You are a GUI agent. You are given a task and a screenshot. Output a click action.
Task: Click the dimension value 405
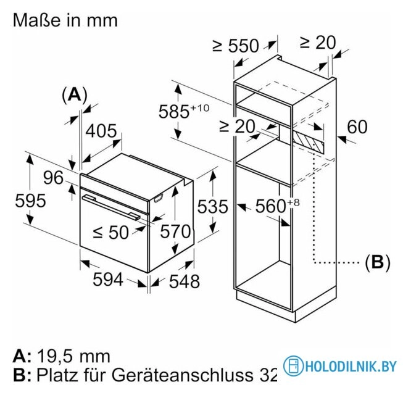(101, 131)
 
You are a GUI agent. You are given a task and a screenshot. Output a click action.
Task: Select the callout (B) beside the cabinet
(378, 262)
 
